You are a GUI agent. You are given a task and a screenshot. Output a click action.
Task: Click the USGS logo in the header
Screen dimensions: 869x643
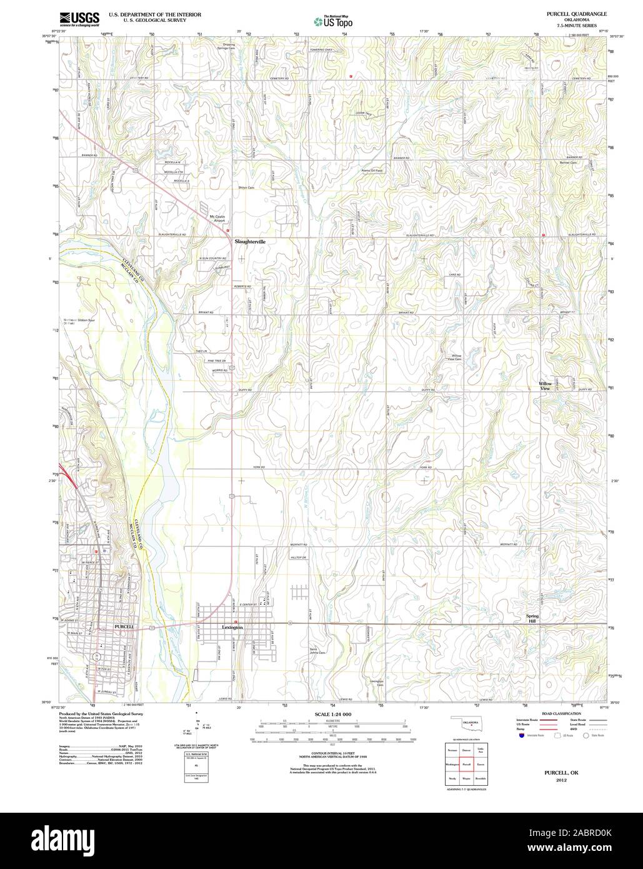[79, 19]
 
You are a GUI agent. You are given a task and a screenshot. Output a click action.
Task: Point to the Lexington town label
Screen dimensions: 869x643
[232, 626]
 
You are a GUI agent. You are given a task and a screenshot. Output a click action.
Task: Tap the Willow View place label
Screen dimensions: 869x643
[546, 386]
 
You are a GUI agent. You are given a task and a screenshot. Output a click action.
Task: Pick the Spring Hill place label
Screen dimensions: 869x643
[532, 619]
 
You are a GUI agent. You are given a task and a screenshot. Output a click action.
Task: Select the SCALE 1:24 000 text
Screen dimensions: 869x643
[332, 714]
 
